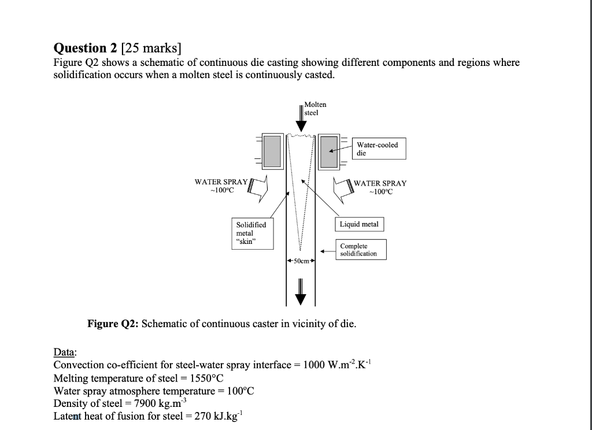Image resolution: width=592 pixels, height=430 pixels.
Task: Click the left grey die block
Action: point(271,151)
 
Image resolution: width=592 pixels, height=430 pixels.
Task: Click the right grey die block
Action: point(329,151)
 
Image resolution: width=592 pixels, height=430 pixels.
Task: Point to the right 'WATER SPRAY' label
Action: point(380,183)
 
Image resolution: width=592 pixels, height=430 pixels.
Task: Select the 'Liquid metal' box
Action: point(359,224)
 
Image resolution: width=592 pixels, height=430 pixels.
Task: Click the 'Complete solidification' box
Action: point(358,250)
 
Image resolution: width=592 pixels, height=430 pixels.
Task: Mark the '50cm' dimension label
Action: point(301,262)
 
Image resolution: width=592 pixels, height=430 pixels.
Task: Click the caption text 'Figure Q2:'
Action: point(112,324)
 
